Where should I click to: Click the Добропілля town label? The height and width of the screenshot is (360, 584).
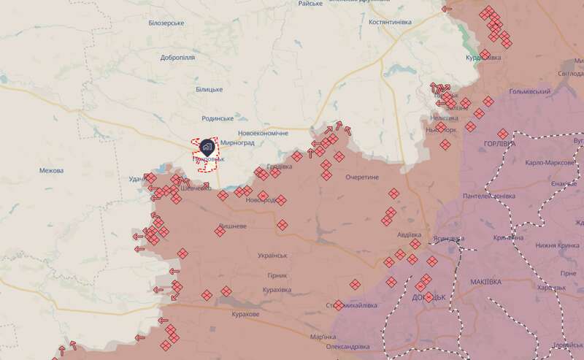pos(177,57)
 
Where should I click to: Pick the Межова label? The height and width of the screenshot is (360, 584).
pos(51,171)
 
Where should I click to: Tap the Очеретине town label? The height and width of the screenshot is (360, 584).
pos(363,177)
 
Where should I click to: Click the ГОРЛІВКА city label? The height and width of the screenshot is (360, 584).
pos(499,144)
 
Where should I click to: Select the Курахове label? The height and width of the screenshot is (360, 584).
pos(240,314)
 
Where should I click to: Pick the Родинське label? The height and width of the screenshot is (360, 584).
pos(218,118)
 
